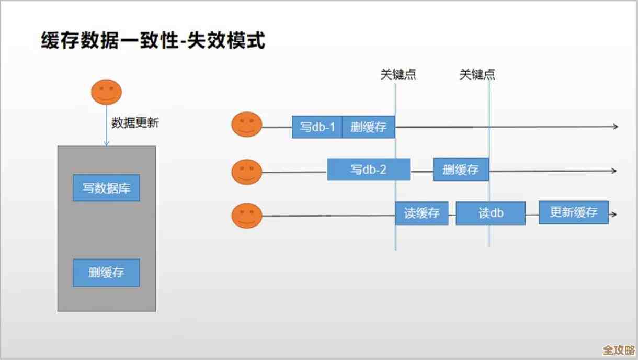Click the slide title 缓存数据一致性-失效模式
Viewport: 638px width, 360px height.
tap(153, 40)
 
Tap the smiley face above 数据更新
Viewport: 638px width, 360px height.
tap(106, 92)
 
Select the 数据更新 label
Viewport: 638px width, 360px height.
tap(135, 123)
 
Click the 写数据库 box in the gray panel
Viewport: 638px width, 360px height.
tap(106, 188)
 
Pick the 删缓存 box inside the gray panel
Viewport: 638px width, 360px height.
tap(106, 273)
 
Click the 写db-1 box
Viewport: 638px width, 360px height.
tap(317, 127)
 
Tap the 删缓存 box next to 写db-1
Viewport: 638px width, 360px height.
tap(368, 127)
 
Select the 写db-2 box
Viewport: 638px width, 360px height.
tap(368, 170)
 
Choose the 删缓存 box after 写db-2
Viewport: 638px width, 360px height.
tap(461, 170)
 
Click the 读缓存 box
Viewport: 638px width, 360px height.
tap(421, 213)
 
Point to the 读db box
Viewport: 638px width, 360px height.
tap(491, 213)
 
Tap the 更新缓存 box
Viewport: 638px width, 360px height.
tap(574, 212)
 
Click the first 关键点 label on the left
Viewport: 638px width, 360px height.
tap(398, 75)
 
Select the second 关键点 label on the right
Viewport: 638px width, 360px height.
tap(477, 75)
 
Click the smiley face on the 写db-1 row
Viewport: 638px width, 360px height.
tap(247, 125)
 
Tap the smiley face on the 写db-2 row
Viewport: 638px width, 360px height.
tap(247, 172)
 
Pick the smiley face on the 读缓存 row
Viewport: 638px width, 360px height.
tap(247, 216)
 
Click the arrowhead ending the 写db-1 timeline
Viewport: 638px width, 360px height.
tap(616, 127)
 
